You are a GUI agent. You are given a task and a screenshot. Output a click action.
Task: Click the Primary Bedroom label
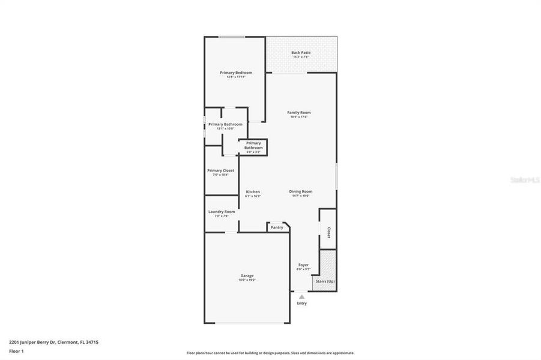[235, 73]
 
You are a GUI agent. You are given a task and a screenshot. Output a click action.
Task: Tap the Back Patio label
[301, 53]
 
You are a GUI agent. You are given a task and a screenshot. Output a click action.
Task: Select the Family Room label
[299, 112]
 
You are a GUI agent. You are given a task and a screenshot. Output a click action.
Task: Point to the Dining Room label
[301, 191]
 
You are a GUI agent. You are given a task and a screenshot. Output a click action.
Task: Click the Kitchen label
[253, 192]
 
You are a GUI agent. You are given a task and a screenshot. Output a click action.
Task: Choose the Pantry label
[277, 227]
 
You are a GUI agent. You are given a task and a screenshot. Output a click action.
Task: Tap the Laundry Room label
[222, 212]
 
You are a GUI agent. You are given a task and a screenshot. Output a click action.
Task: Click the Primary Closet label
[221, 170]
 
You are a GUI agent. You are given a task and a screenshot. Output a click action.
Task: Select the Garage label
[247, 275]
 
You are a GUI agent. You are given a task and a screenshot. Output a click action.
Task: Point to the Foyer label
[303, 265]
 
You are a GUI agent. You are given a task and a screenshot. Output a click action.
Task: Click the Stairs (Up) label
[325, 281]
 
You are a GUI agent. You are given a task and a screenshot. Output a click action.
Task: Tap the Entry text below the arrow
[301, 303]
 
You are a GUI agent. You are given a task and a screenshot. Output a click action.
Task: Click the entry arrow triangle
[301, 296]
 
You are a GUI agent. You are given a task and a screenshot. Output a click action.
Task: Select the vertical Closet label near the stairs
[328, 232]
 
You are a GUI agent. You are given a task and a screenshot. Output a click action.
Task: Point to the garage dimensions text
[247, 280]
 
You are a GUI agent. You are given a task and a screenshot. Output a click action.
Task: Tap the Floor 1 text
[16, 350]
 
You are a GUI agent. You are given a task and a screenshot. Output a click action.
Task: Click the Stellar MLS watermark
[524, 179]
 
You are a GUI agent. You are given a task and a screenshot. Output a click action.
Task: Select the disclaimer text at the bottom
[270, 353]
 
